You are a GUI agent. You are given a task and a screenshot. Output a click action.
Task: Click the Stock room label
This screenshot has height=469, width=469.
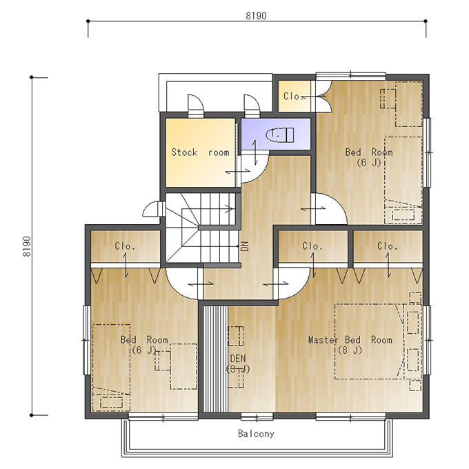coord(200,152)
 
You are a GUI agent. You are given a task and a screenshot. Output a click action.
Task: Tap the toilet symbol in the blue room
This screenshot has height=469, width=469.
coord(280,134)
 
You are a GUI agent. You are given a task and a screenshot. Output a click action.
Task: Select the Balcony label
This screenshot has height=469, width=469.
coord(256,433)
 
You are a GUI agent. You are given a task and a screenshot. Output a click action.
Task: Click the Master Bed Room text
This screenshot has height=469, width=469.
coord(350,340)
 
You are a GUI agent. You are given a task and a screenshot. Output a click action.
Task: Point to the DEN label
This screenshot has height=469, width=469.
coord(238,359)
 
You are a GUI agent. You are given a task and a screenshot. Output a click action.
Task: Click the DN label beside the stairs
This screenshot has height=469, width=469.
coord(245,246)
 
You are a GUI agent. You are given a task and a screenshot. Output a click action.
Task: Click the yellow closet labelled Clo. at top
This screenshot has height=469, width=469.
coord(295,97)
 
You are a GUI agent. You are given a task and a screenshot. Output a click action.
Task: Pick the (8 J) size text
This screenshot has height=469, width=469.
coord(350,350)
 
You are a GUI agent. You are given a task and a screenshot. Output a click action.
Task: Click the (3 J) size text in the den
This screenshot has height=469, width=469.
coord(238,369)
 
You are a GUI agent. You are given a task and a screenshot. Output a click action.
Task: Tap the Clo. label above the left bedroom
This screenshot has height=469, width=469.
coord(125,246)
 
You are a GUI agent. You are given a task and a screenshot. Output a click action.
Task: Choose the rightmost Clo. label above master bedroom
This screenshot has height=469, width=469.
coord(388,246)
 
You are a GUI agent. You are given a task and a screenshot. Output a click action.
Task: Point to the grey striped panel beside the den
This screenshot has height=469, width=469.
coord(215,359)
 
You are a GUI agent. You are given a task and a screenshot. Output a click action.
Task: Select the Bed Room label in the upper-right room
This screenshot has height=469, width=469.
coord(369,152)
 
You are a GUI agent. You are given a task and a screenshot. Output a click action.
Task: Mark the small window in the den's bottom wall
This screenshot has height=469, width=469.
coord(257,417)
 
